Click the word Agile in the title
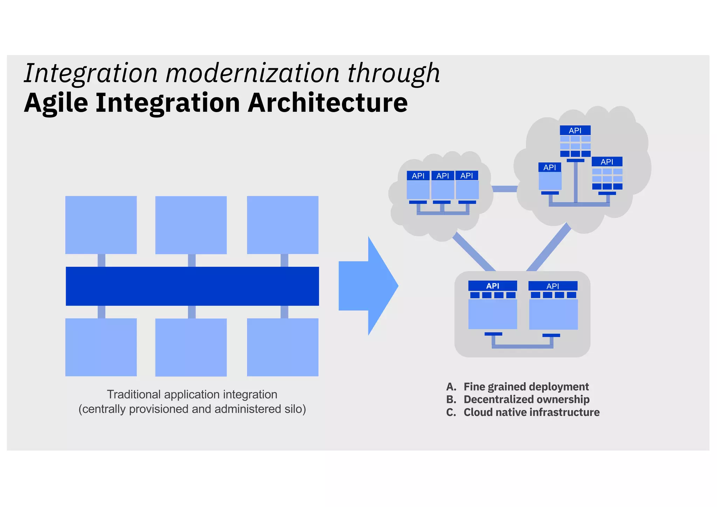pos(56,103)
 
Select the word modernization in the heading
pos(252,74)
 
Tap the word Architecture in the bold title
pos(327,103)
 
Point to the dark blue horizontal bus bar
pos(192,286)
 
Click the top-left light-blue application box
pos(101,225)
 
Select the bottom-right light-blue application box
pos(283,347)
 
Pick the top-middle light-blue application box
pos(191,225)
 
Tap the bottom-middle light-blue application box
pos(191,347)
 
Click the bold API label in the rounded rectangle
pos(493,286)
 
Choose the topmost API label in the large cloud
pos(575,131)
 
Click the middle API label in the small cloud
pos(443,176)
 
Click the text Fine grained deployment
pos(526,387)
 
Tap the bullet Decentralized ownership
pos(526,399)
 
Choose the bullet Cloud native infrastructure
pos(531,412)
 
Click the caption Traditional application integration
pos(192,395)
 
